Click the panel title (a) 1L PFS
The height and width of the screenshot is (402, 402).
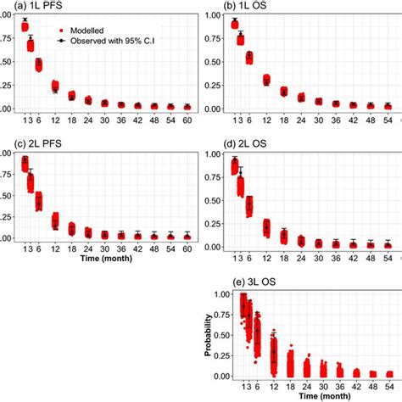25,6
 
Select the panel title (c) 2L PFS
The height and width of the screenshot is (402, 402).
25,145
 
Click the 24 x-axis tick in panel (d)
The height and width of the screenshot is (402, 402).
300,253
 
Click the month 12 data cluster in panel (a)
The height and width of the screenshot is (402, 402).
55,86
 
